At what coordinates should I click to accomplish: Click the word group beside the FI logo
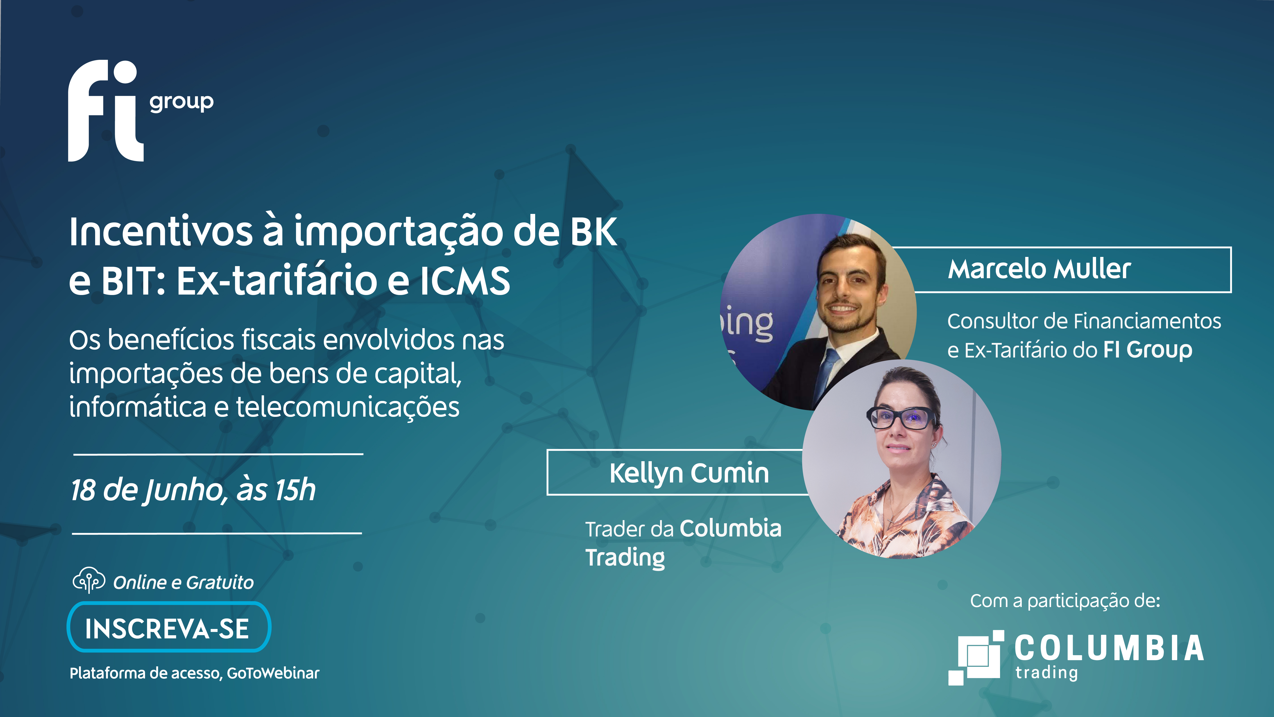click(x=182, y=102)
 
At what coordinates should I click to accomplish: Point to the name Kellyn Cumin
click(x=689, y=473)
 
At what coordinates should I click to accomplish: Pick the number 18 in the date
click(x=83, y=490)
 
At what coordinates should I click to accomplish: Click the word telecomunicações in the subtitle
click(x=348, y=407)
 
